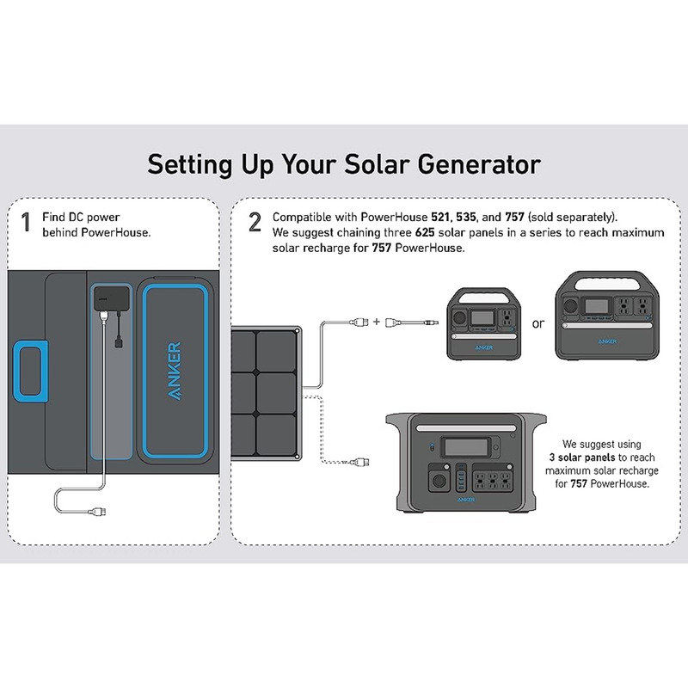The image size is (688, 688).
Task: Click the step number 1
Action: [x=26, y=224]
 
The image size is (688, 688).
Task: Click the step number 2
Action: [x=255, y=224]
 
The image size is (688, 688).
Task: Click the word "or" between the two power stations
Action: [x=539, y=324]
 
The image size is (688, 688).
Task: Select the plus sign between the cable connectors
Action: [x=376, y=323]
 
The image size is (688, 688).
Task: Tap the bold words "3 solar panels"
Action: [x=582, y=458]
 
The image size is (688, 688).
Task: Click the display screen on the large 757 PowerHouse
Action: [x=468, y=448]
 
